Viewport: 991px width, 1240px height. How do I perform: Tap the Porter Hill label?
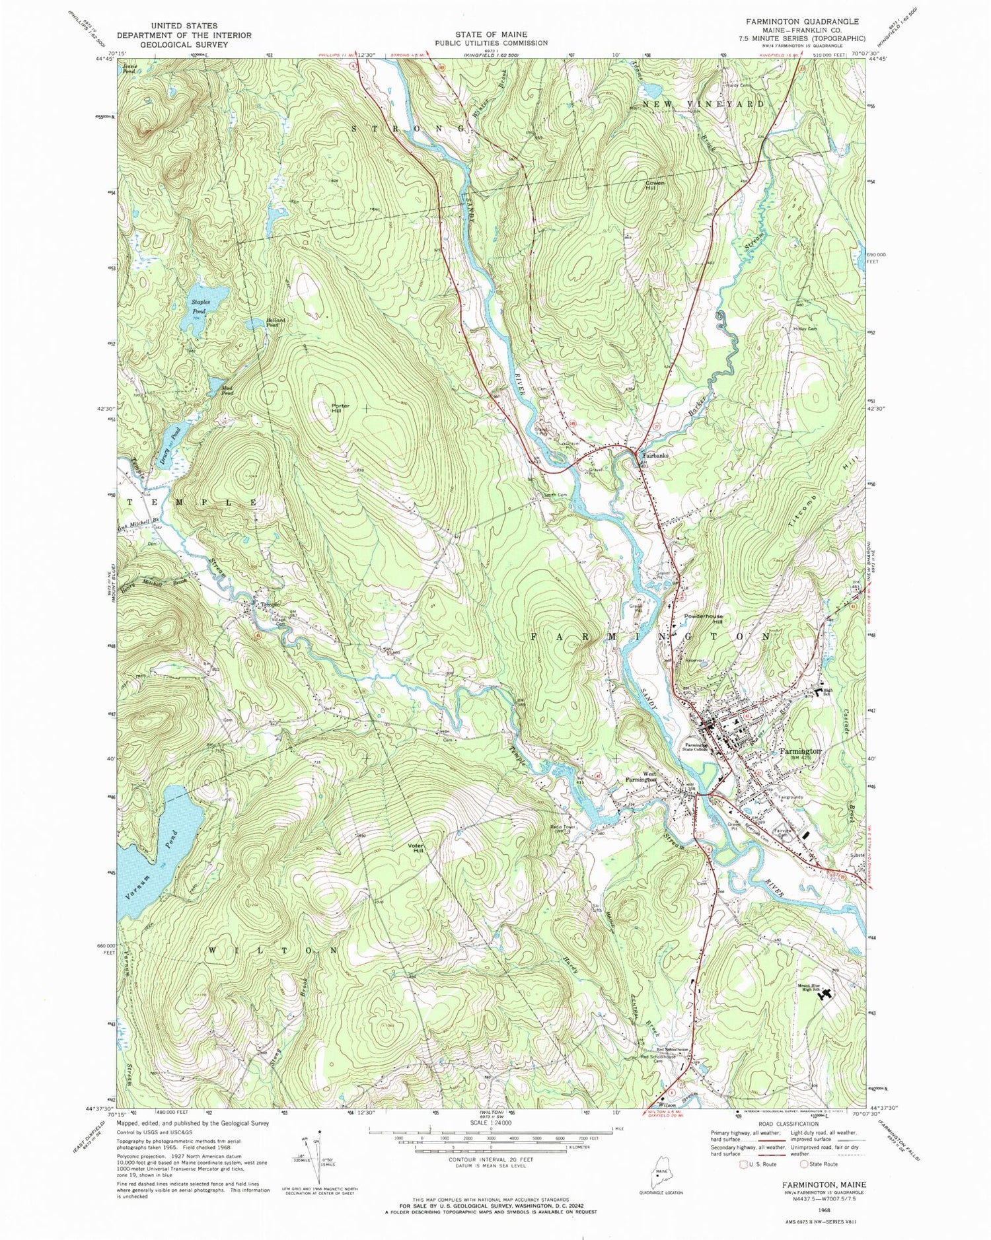(340, 408)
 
